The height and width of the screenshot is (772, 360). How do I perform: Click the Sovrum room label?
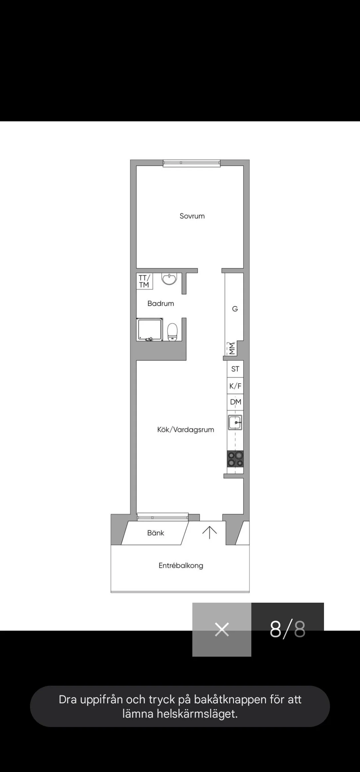tap(192, 216)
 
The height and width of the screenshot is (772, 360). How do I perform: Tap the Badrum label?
tap(161, 303)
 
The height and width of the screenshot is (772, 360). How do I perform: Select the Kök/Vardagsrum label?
tap(186, 429)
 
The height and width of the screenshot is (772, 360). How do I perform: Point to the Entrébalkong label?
tap(181, 565)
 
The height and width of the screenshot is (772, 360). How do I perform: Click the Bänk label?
tap(156, 533)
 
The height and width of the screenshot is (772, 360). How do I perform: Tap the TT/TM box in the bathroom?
tap(144, 281)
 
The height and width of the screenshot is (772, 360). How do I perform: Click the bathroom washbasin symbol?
tap(169, 279)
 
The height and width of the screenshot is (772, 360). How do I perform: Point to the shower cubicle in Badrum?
tap(150, 329)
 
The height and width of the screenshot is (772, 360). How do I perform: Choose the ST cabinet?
tap(235, 369)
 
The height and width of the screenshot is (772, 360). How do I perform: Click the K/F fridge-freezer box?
tap(235, 386)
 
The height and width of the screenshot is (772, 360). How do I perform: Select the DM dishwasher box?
tap(235, 402)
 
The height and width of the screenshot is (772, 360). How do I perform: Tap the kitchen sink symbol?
tap(235, 422)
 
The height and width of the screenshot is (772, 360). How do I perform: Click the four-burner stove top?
tap(235, 459)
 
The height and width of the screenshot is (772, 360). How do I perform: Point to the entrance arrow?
tap(209, 533)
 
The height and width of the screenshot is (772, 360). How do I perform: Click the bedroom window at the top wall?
tap(192, 163)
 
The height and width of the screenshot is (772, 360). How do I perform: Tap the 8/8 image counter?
tap(287, 629)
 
